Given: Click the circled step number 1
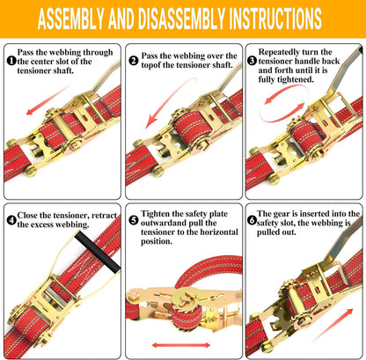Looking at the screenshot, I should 11,61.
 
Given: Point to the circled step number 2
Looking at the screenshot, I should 133,61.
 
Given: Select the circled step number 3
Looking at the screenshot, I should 253,61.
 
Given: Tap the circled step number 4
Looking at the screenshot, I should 11,217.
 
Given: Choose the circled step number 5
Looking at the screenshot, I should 133,217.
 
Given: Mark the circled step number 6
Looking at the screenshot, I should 253,217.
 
